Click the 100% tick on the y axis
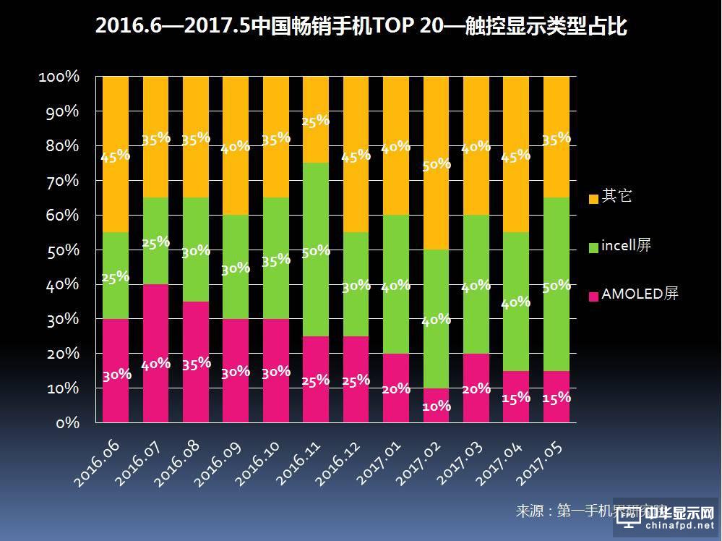(59, 77)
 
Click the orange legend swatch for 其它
(593, 197)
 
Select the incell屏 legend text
(626, 246)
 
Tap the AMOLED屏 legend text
(640, 294)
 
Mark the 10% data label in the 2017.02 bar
(437, 406)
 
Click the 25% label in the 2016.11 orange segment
(316, 121)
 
